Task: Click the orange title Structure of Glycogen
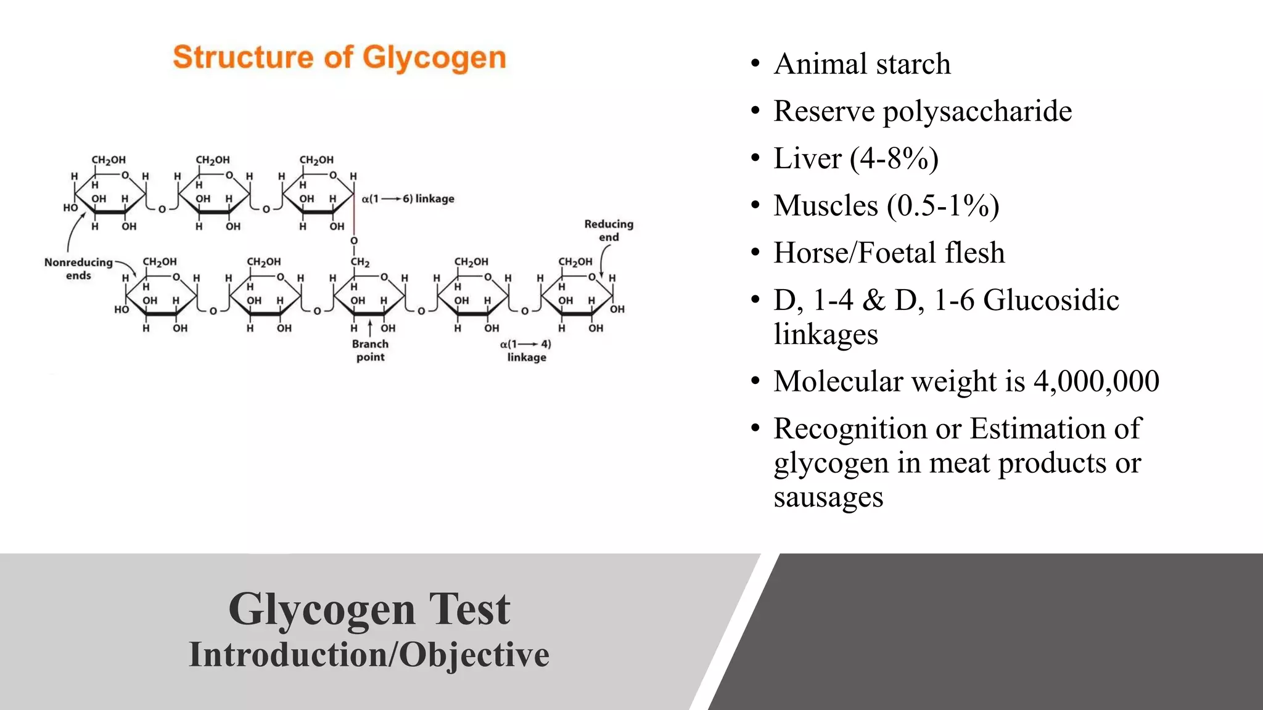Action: pyautogui.click(x=339, y=58)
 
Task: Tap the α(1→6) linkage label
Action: pyautogui.click(x=408, y=198)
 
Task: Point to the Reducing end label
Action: pyautogui.click(x=609, y=231)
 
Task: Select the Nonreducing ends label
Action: pyautogui.click(x=78, y=269)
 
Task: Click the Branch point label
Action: pyautogui.click(x=370, y=350)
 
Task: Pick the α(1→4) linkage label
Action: pyautogui.click(x=525, y=350)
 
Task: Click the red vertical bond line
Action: pyautogui.click(x=354, y=210)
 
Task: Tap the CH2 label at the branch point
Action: pyautogui.click(x=360, y=262)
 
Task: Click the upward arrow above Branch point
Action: pyautogui.click(x=370, y=327)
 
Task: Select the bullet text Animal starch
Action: pyautogui.click(x=862, y=64)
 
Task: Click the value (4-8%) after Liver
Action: pyautogui.click(x=894, y=158)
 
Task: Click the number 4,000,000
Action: pyautogui.click(x=1096, y=382)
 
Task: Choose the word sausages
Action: pyautogui.click(x=828, y=497)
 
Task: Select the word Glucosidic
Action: pyautogui.click(x=1051, y=301)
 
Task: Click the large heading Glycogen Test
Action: pyautogui.click(x=369, y=609)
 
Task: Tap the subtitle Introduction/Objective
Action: pyautogui.click(x=369, y=655)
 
